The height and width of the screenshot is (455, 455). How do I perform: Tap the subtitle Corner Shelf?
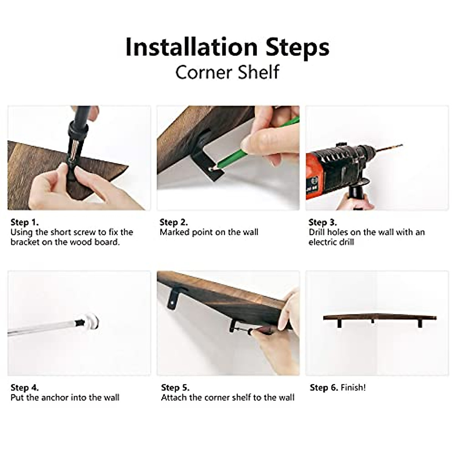tap(227, 72)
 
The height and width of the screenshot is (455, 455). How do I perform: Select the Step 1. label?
tap(25, 223)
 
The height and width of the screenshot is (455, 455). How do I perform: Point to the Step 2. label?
tap(174, 223)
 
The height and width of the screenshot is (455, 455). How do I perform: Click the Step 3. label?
tap(323, 223)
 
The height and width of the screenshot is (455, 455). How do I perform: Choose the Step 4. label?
tap(25, 388)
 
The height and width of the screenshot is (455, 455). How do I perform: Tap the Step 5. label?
tap(175, 388)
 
